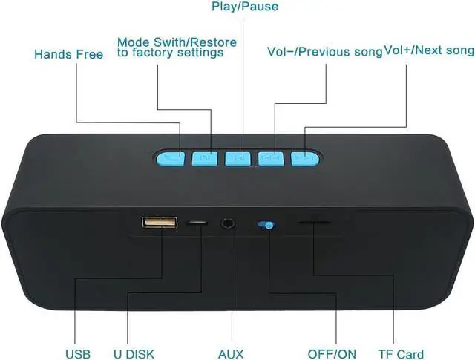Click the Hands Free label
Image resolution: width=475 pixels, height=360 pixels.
[x=68, y=55]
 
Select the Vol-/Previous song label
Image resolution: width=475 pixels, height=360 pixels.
[x=324, y=51]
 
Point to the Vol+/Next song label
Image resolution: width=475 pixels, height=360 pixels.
[x=429, y=50]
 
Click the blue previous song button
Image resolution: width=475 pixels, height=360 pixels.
[x=271, y=157]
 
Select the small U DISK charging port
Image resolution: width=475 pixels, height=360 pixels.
[x=198, y=222]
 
